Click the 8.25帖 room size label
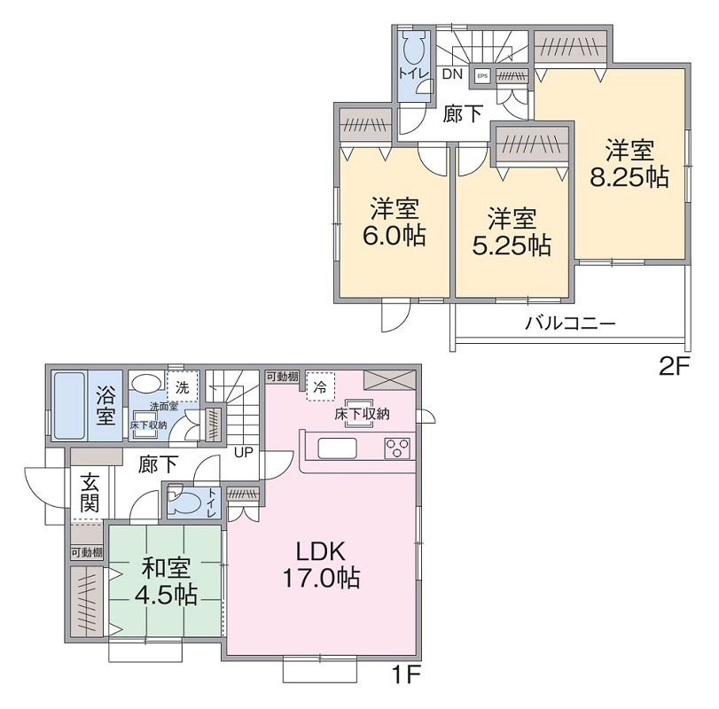point(629,176)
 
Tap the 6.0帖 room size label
point(395,235)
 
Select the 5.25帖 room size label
point(512,244)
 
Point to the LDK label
point(321,551)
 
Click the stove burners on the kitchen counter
point(397,447)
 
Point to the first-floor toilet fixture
point(185,503)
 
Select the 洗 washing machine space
point(181,387)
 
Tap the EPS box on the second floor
point(482,76)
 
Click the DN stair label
point(452,74)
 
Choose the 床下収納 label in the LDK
point(362,414)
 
